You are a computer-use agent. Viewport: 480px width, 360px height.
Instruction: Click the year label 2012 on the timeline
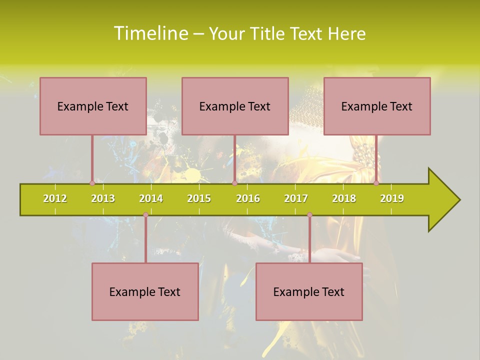(55, 198)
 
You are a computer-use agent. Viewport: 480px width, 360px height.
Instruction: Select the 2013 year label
(103, 198)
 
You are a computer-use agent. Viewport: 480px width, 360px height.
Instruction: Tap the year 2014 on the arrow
(151, 198)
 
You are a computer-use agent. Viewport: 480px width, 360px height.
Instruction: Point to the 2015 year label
(199, 198)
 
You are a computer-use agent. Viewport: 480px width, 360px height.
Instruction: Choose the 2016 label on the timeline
(248, 198)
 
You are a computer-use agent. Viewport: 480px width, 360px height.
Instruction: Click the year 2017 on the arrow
(296, 198)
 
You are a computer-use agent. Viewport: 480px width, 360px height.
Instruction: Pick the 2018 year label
(344, 198)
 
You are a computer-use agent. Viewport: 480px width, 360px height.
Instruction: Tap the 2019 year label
(392, 198)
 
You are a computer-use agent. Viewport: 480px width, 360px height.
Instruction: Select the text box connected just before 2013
(93, 106)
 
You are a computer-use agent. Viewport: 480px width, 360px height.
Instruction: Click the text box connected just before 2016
(235, 106)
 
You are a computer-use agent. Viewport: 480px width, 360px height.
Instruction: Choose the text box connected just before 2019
(377, 106)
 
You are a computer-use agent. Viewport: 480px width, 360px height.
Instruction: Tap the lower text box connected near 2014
(145, 291)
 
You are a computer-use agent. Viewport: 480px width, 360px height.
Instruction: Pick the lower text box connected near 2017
(309, 291)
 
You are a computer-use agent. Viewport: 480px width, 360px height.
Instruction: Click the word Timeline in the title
(151, 33)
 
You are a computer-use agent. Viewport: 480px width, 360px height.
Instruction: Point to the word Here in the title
(346, 34)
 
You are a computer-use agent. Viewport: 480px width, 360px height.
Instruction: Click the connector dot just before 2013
(92, 183)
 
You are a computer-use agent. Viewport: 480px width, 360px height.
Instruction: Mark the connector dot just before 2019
(376, 183)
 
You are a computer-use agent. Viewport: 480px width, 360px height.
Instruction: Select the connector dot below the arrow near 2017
(309, 215)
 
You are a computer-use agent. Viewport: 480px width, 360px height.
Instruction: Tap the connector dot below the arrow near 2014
(145, 215)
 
